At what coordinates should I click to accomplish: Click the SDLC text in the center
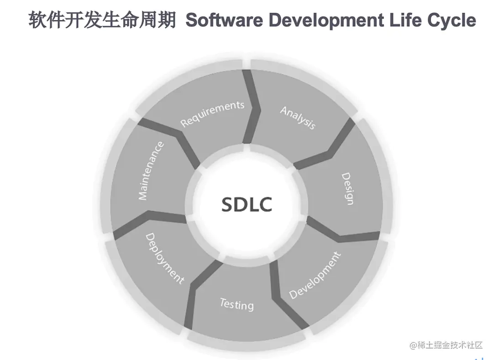(x=246, y=204)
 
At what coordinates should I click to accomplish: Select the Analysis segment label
(x=298, y=118)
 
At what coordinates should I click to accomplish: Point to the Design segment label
(x=348, y=188)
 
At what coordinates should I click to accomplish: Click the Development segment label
(x=315, y=275)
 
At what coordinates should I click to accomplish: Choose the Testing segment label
(x=236, y=303)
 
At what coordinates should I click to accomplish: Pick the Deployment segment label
(x=164, y=258)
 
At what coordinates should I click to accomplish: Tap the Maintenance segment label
(x=151, y=171)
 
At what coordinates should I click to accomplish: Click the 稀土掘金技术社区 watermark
(x=446, y=345)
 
